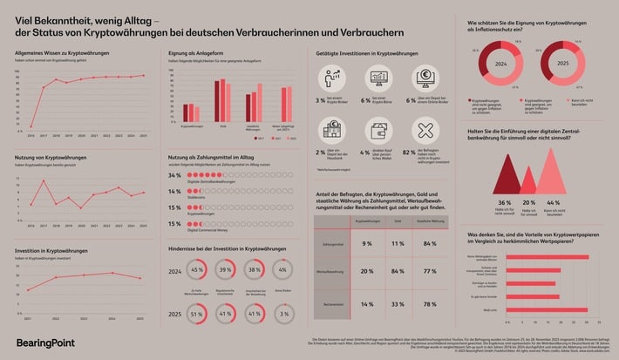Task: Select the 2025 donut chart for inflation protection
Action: click(564, 63)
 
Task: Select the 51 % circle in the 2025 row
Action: click(197, 313)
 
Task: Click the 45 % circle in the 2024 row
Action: click(197, 270)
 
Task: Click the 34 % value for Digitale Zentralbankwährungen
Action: click(174, 175)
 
